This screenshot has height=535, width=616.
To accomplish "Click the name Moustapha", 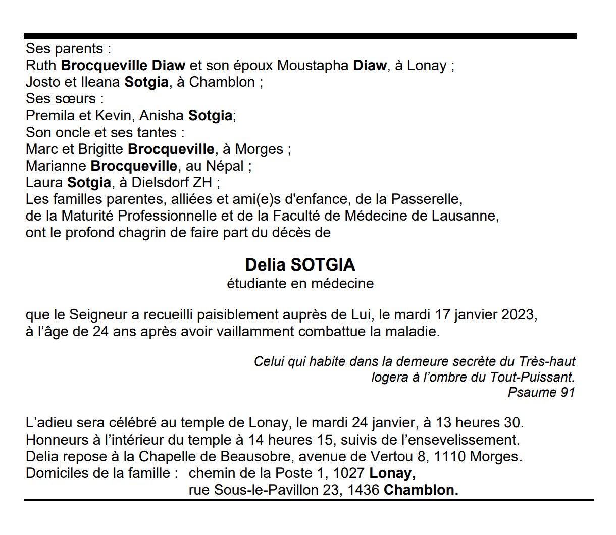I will [x=313, y=66].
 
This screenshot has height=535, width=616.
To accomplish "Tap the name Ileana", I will [x=100, y=82].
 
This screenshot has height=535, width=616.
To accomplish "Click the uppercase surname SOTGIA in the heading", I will [x=323, y=265].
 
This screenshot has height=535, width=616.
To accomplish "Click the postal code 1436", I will [x=363, y=490].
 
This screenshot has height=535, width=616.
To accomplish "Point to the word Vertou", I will [x=391, y=457].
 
